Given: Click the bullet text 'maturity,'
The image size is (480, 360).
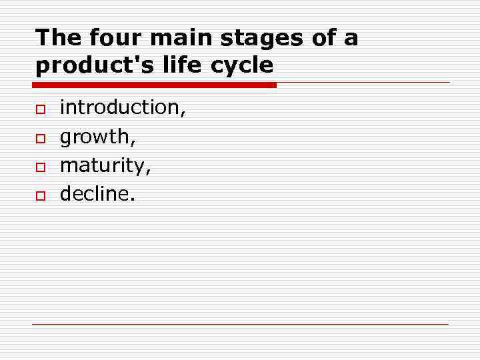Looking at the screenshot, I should point(105,165).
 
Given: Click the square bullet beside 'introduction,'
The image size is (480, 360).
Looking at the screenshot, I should point(40,109).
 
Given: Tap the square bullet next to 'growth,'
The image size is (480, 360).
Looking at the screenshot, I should point(40,137).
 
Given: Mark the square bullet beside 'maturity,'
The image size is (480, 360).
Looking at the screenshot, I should point(40,166).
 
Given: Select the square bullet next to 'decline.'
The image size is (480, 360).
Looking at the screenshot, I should point(40,195).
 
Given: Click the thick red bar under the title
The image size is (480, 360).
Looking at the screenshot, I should point(154,85).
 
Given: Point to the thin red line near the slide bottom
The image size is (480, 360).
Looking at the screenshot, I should point(240,324).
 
